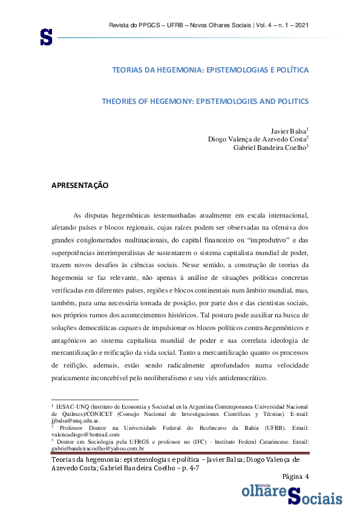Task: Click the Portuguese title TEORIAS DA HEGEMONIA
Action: [x=210, y=70]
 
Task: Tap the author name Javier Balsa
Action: [x=289, y=131]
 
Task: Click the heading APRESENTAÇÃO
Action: [x=80, y=186]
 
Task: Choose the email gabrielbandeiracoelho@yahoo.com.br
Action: [x=97, y=449]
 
